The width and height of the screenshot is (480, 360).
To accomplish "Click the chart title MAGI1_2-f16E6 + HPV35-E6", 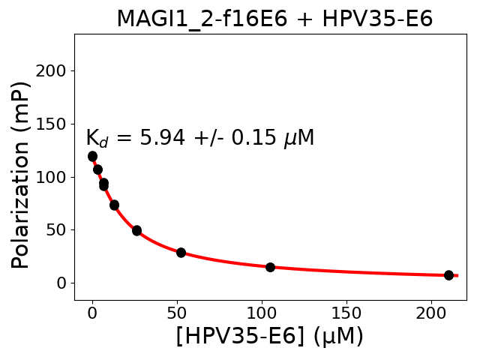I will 274,19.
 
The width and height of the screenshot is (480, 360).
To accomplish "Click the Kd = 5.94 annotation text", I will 199,139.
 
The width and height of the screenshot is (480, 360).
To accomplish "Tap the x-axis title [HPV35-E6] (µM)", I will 269,335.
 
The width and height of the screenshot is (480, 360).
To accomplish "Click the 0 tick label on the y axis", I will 63,283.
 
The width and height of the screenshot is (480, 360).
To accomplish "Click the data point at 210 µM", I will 448,275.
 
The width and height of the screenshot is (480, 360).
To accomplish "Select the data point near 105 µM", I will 270,267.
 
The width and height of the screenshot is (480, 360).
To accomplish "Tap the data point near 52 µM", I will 181,253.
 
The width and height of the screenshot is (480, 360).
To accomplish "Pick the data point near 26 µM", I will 136,230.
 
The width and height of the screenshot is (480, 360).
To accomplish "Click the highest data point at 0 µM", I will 92,156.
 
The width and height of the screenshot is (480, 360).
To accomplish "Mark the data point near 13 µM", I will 114,205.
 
